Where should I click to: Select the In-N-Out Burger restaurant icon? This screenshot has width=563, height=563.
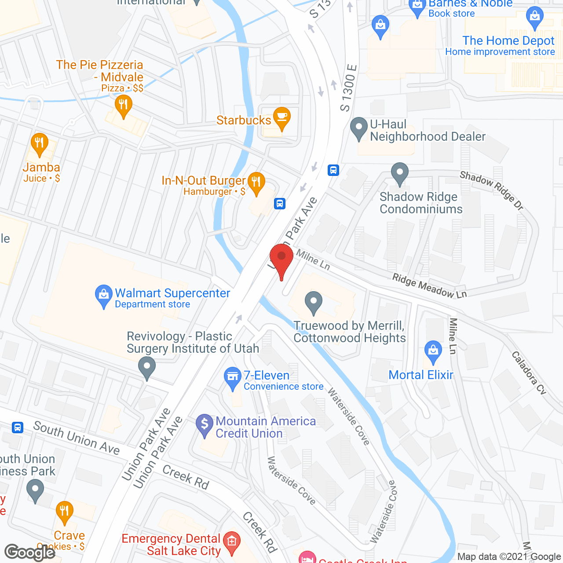click(256, 182)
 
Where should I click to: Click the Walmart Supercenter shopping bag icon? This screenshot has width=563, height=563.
click(104, 296)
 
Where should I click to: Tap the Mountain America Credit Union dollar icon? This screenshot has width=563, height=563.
click(204, 425)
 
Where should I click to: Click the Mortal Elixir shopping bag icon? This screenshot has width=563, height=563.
click(433, 351)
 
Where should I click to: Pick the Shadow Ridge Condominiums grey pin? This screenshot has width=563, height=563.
click(399, 173)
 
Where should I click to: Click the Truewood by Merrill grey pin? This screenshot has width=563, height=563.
click(314, 302)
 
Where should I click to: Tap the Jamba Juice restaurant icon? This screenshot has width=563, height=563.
click(40, 143)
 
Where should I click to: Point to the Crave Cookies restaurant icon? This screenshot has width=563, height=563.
click(65, 512)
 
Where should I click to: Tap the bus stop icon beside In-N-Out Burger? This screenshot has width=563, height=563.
click(280, 204)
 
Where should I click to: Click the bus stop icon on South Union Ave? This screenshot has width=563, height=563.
click(18, 427)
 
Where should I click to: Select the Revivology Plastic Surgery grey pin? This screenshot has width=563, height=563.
click(147, 367)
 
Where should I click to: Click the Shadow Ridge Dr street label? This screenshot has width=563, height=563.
click(492, 190)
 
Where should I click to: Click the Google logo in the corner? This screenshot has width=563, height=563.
click(30, 552)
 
